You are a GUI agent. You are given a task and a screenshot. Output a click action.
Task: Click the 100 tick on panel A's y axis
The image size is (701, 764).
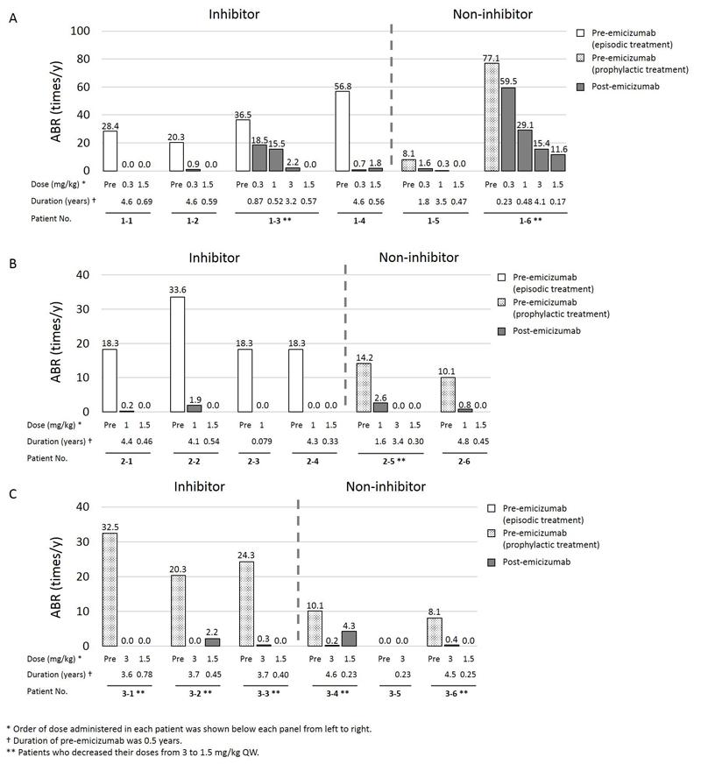coord(81,32)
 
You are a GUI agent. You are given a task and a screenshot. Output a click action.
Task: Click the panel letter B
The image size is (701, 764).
coord(11,264)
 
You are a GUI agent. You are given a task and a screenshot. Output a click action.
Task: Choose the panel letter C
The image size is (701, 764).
coord(11,494)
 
